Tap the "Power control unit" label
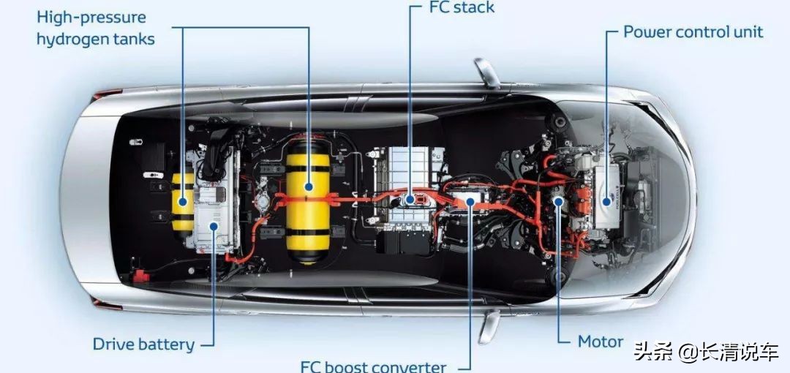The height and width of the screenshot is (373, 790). click(x=693, y=31)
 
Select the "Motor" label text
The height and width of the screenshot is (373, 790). click(x=601, y=342)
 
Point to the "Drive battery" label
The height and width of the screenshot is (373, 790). click(x=143, y=344)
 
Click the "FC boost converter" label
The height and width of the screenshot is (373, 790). click(x=373, y=366)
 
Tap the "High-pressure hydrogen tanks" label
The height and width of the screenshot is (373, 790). click(x=96, y=29)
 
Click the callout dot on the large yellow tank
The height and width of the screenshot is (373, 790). click(x=309, y=187)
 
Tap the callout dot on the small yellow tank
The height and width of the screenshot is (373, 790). click(x=182, y=202)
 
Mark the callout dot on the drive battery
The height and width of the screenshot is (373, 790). click(x=214, y=226)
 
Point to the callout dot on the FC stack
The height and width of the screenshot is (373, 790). click(x=410, y=200)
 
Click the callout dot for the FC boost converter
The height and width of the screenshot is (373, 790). click(x=470, y=202)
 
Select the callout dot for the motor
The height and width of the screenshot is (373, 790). click(x=557, y=202)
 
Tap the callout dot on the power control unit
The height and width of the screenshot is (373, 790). click(x=606, y=202)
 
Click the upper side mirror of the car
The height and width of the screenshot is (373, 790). click(x=486, y=73)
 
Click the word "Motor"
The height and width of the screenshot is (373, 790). click(x=601, y=342)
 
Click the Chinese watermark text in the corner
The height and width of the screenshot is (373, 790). click(x=707, y=351)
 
